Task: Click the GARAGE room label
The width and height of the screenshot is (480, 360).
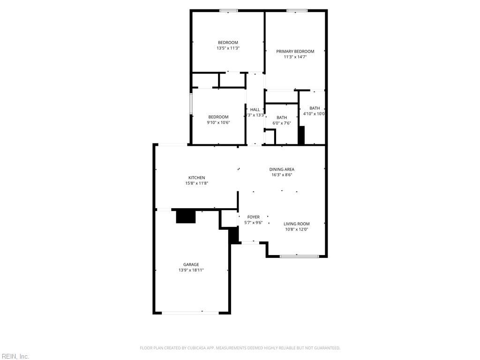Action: (x=191, y=264)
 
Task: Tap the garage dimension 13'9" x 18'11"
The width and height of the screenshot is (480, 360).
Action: (x=191, y=270)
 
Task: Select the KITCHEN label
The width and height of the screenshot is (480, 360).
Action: (x=196, y=178)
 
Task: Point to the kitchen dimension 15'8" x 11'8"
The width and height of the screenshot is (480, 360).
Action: (x=196, y=183)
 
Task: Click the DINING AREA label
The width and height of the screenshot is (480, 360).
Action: (x=282, y=169)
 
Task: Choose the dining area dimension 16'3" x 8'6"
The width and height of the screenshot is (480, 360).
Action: (x=282, y=175)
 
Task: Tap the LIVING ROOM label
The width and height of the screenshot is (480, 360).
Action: (x=297, y=224)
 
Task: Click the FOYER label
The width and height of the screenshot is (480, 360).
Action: (x=253, y=217)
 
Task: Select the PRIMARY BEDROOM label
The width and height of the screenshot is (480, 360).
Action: (x=295, y=51)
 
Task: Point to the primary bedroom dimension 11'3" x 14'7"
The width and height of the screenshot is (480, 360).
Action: (x=295, y=57)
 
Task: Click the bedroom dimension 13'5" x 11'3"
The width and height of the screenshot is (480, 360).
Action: (x=228, y=48)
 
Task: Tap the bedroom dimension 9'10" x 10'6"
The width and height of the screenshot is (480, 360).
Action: (x=218, y=122)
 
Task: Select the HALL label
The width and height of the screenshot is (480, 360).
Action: (x=255, y=110)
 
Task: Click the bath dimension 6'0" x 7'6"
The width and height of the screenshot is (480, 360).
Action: (x=282, y=123)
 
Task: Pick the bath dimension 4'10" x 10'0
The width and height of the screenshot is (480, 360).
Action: (x=314, y=113)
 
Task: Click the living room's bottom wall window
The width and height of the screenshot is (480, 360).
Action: (x=299, y=256)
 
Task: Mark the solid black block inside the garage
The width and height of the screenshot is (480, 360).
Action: (x=186, y=216)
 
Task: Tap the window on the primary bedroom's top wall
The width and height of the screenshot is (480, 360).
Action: (x=297, y=10)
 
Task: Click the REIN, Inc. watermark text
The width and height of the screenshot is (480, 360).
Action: (x=15, y=356)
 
